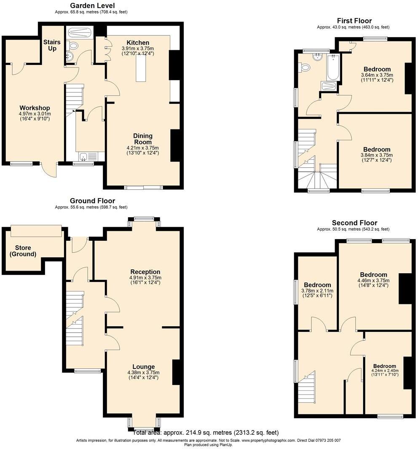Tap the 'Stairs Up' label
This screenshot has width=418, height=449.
pos(52,46)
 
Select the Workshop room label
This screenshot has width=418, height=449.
pos(35,108)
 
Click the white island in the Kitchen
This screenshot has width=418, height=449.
pos(140,67)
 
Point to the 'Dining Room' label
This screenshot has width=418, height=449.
pos(143,139)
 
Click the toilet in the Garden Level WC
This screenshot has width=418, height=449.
pos(73,45)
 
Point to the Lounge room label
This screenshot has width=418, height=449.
pos(143,366)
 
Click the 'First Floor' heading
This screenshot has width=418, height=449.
pos(354,21)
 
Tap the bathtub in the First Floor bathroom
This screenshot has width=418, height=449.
pos(332,67)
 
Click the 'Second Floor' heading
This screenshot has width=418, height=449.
pos(354,223)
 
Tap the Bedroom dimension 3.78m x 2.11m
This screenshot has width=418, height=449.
pos(317,290)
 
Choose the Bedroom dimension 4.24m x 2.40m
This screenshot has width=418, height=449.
pos(384,371)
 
